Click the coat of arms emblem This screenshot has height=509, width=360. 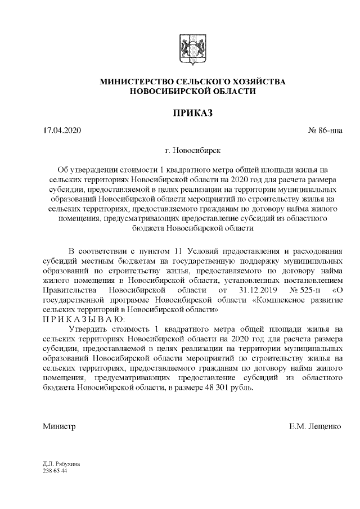point(192,51)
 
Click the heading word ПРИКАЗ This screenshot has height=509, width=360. point(192,114)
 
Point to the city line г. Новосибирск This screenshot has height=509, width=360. point(192,151)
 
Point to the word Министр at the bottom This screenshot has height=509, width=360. point(59,426)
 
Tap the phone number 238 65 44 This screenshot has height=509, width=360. point(55,470)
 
